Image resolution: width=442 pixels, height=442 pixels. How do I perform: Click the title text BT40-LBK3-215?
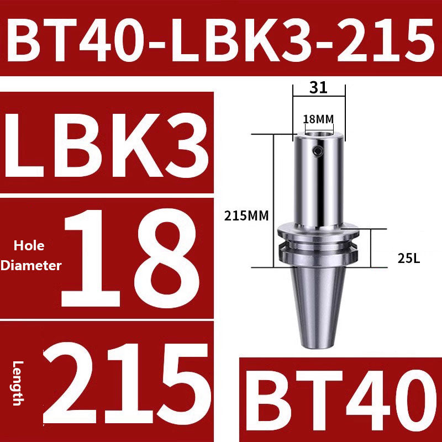click(221, 39)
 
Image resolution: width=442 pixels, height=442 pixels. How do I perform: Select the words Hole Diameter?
click(30, 255)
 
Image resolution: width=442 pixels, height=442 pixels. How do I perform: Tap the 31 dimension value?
click(319, 87)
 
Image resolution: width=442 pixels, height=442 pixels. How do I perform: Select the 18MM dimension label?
click(318, 119)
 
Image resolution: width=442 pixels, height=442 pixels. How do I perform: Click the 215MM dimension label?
click(246, 216)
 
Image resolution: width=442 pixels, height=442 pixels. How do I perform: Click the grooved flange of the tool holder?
click(318, 243)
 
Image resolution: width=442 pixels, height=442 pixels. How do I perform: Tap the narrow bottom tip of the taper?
click(318, 343)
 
